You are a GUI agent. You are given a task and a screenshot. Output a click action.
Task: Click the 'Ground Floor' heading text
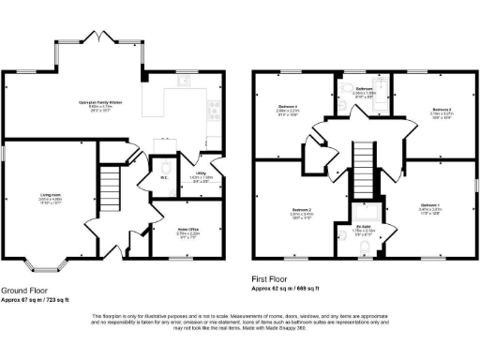pyautogui.click(x=25, y=291)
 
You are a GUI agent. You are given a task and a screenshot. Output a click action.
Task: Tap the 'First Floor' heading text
pyautogui.click(x=270, y=278)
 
